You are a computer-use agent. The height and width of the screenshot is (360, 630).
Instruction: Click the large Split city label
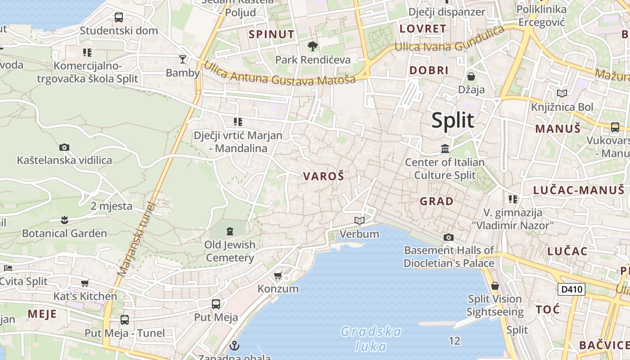click(453, 121)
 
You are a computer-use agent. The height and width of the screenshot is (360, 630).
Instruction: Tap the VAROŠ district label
click(324, 176)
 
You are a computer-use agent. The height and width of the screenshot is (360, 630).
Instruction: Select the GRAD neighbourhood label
click(436, 201)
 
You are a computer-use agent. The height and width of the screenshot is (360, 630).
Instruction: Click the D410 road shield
click(571, 289)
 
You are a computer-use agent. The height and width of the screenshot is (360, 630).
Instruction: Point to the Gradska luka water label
click(371, 339)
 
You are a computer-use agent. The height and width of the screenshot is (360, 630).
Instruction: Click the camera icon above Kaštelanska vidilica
click(64, 147)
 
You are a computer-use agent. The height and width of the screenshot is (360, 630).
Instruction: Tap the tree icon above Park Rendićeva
click(312, 46)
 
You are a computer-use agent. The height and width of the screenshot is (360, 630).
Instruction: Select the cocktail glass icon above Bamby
click(183, 59)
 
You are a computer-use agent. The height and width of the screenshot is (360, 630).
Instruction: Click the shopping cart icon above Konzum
click(278, 275)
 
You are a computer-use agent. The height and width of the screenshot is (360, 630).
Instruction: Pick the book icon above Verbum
click(359, 220)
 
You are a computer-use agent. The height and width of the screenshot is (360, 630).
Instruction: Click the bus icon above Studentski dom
click(119, 18)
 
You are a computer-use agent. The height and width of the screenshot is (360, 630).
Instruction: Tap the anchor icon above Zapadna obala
click(234, 346)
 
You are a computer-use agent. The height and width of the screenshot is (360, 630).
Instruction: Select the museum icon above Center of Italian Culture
click(445, 148)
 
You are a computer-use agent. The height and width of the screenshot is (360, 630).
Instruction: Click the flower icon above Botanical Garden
click(64, 220)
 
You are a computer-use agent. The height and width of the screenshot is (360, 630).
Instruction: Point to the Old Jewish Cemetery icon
click(230, 231)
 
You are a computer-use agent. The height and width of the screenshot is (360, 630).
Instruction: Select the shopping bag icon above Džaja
click(471, 76)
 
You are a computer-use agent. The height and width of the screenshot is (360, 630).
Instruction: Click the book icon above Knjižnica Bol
click(562, 93)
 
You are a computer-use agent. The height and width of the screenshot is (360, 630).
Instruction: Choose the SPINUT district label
click(271, 34)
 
